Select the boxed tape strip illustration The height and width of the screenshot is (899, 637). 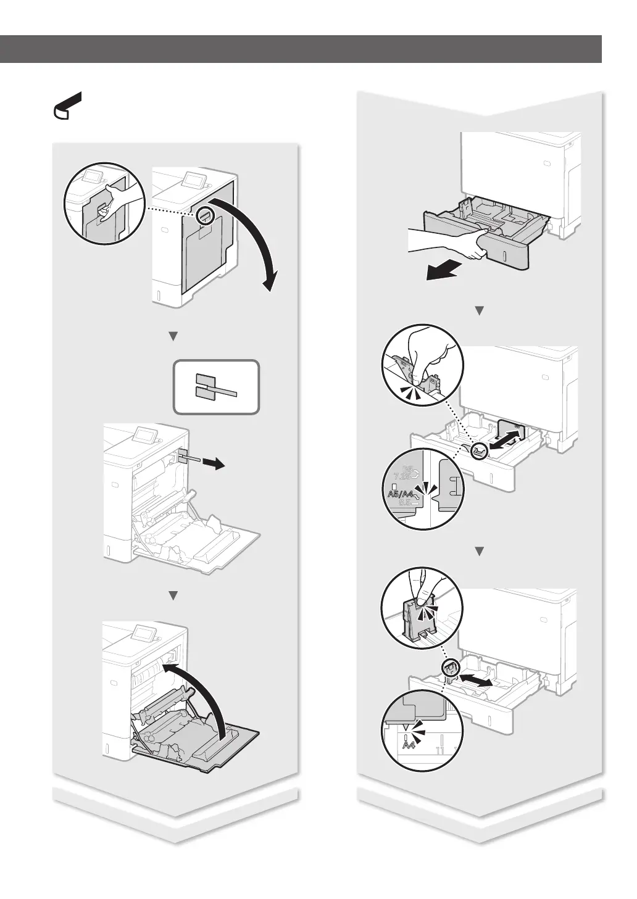coord(216,387)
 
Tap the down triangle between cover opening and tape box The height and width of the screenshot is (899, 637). coord(173,336)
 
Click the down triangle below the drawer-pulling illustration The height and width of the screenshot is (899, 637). coord(479,311)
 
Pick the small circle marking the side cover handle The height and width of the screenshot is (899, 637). coord(206,216)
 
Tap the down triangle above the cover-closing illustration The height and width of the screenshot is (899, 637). coord(173,595)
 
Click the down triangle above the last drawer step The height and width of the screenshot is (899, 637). coord(479,550)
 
